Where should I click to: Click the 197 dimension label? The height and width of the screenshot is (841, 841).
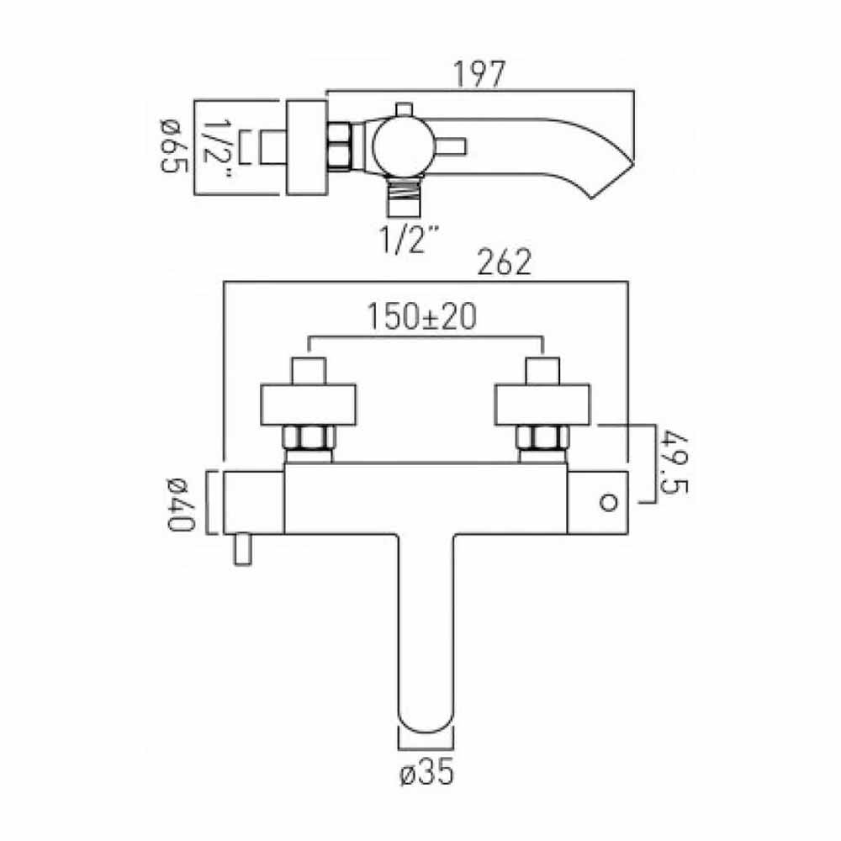point(480,74)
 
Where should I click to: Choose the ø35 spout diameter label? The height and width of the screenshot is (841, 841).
point(425,772)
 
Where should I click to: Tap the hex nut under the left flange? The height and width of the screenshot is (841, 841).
point(309,439)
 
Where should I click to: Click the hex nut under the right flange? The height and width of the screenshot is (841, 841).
point(542,439)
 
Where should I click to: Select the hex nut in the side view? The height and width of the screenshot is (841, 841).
point(340,146)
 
